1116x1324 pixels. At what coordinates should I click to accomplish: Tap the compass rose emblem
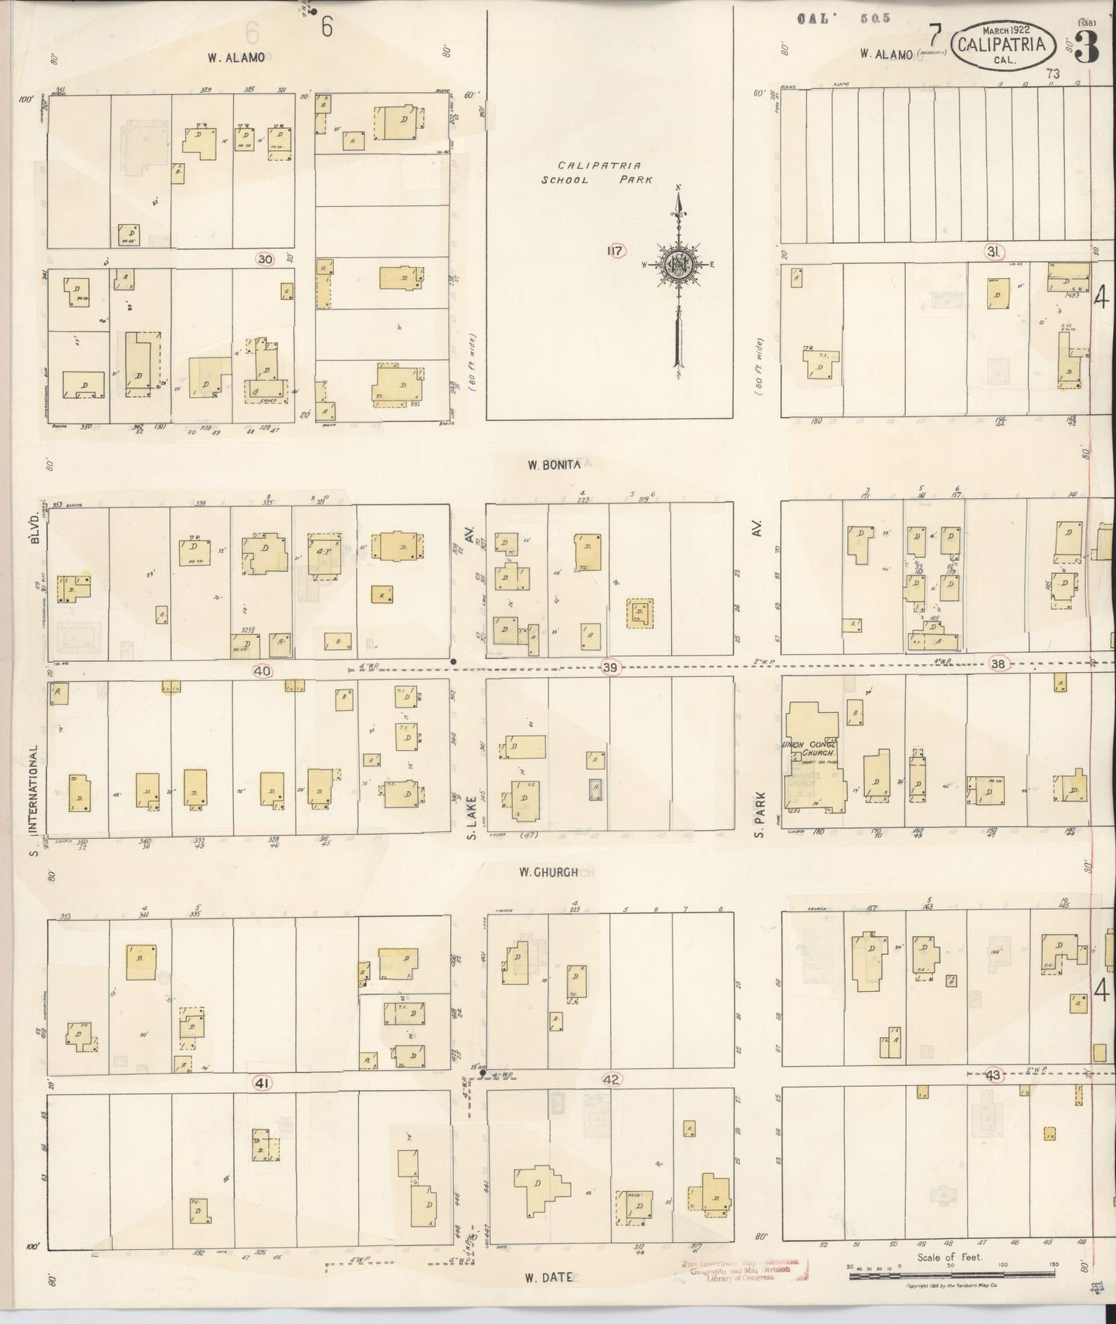coord(677,263)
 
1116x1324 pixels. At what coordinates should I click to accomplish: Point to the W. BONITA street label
coord(554,465)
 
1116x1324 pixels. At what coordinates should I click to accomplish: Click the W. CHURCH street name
coord(548,872)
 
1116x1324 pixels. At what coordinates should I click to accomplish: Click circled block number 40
coord(263,670)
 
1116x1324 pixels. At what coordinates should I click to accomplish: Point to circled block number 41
coord(263,1083)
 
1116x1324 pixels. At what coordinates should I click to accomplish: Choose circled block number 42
coord(611,1080)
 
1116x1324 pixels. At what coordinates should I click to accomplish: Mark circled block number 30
coord(265,260)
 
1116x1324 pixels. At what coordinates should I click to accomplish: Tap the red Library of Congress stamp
coord(741,1269)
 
